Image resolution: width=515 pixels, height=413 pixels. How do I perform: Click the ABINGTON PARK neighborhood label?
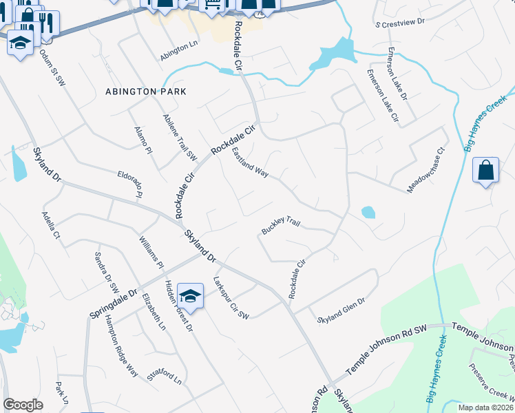pos(146,92)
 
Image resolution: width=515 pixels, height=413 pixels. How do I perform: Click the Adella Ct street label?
pos(52,225)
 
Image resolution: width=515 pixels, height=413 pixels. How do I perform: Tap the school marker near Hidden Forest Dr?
pos(190,297)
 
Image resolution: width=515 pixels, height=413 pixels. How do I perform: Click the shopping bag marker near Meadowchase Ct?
pos(485,170)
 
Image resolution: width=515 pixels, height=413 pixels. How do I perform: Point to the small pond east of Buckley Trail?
pos(368,212)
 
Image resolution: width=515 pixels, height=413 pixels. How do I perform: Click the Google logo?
pos(23,405)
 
